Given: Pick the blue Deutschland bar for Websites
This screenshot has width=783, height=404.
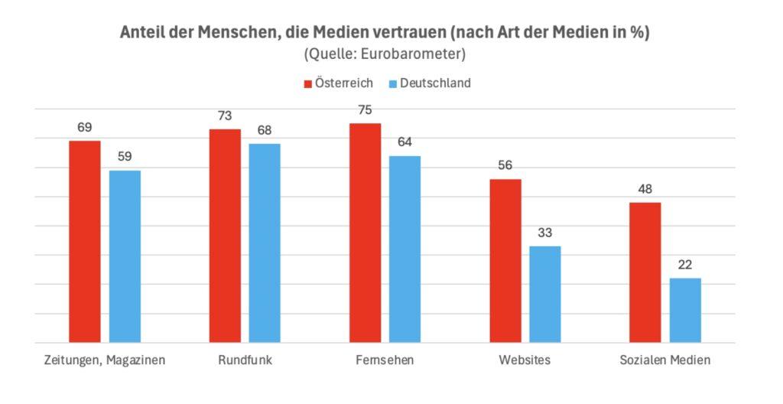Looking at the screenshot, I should pos(545,294).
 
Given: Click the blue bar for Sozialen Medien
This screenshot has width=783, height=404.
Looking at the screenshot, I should pos(685,310).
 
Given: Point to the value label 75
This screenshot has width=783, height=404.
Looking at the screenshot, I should pos(366,110).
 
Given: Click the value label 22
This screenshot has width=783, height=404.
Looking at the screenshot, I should pos(685,265).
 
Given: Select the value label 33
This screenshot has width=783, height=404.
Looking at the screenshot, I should pos(545,233).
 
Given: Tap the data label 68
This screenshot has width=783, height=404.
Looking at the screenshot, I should pos(265,130).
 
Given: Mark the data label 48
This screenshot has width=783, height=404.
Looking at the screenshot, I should pos(645,189).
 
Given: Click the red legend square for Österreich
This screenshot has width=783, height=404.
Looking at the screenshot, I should pos(309,83).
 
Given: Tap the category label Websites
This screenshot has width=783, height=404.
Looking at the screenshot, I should pos(525,360).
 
